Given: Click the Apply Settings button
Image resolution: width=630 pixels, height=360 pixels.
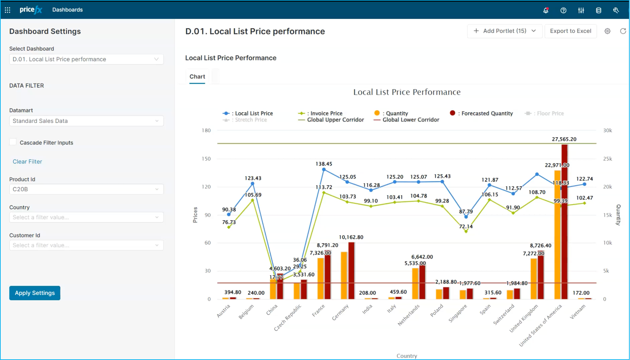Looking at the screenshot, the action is tap(35, 293).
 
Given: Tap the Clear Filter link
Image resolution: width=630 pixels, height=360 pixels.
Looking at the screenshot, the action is tap(27, 162).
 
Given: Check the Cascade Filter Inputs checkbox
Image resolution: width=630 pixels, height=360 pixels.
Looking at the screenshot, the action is tap(13, 142).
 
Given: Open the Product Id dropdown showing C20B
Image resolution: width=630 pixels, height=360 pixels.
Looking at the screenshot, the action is tap(86, 189).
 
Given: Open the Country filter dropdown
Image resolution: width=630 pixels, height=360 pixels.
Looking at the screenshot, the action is tap(86, 217).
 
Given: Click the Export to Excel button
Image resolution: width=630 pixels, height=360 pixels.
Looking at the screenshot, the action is tap(571, 31).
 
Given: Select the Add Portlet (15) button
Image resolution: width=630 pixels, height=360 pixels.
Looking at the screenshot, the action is tap(505, 31).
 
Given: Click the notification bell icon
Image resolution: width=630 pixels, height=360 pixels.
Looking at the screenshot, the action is tap(546, 10).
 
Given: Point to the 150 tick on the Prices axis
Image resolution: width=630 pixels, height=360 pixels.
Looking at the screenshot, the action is tap(206, 159).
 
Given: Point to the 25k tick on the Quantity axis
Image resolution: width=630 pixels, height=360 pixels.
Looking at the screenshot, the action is tap(607, 159).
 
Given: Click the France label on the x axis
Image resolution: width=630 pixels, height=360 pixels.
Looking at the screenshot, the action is tap(318, 311).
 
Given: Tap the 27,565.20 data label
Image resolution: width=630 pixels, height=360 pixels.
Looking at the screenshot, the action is tap(564, 139).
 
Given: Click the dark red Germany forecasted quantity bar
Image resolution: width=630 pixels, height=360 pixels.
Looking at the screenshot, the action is tap(351, 271).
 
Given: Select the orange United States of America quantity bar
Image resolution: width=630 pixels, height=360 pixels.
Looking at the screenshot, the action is tap(557, 235).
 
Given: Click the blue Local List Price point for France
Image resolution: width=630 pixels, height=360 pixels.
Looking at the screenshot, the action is tap(324, 170).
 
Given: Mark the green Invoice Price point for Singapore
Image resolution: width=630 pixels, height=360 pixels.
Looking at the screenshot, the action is tap(466, 231).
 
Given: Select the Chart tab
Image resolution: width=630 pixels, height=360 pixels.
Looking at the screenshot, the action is tap(197, 76).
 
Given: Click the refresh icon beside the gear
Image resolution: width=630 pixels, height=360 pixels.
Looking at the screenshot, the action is tap(623, 31).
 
